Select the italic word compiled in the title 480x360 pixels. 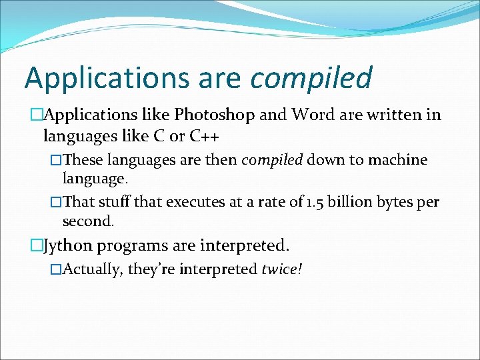(311, 78)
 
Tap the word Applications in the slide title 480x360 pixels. (107, 78)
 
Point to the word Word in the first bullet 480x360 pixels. (309, 115)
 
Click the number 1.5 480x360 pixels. (316, 201)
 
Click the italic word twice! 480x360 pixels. (282, 269)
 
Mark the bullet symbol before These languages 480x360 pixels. (56, 161)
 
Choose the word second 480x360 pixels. (88, 220)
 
